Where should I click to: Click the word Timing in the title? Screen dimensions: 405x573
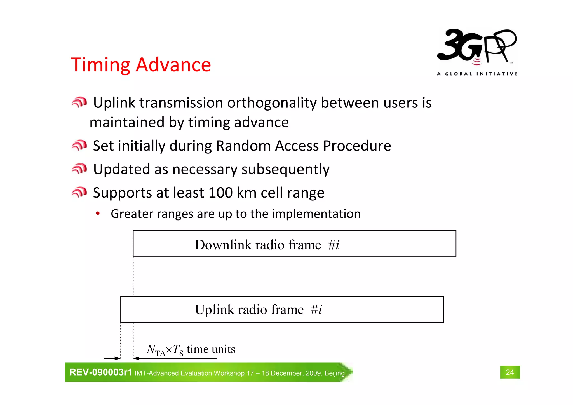(x=100, y=65)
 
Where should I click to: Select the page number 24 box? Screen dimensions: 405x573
(x=509, y=372)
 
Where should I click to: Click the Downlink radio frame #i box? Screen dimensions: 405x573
(x=294, y=244)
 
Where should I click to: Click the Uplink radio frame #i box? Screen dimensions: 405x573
(x=282, y=310)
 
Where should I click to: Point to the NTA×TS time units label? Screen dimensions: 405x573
(x=191, y=350)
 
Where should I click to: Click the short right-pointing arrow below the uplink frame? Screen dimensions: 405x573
(x=112, y=358)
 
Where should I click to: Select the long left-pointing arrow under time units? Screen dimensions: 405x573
(x=175, y=358)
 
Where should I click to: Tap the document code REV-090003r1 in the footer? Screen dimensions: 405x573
(x=101, y=372)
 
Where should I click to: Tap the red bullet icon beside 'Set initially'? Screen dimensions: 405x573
(x=79, y=146)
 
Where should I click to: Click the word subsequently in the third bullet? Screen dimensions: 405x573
(x=285, y=170)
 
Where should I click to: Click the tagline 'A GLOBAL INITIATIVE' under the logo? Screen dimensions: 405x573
(x=477, y=74)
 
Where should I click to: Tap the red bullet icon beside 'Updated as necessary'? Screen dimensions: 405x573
(x=79, y=169)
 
